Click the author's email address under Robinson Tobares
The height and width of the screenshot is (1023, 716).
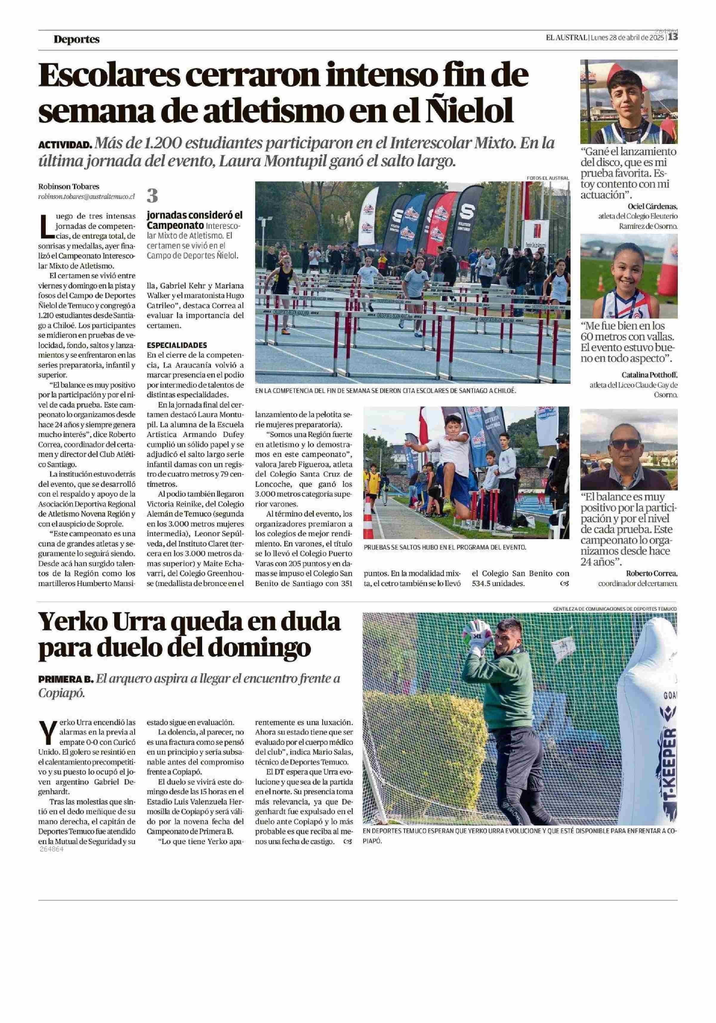click(87, 196)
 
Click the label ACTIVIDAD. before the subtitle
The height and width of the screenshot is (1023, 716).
click(65, 145)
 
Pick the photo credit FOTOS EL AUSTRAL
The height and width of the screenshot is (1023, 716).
click(547, 178)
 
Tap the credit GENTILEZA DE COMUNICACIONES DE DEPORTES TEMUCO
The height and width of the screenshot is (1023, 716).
click(614, 608)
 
